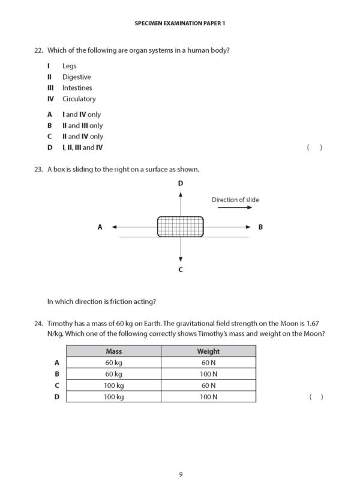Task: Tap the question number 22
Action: pyautogui.click(x=39, y=50)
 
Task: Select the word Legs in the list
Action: pyautogui.click(x=70, y=66)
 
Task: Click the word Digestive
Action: pyautogui.click(x=77, y=77)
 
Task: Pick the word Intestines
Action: pyautogui.click(x=77, y=88)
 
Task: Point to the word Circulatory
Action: pyautogui.click(x=79, y=99)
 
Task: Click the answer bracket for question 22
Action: pyautogui.click(x=315, y=147)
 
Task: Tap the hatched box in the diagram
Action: pyautogui.click(x=180, y=227)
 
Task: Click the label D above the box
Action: pyautogui.click(x=180, y=183)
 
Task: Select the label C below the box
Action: pyautogui.click(x=180, y=270)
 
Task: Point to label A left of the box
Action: pyautogui.click(x=100, y=227)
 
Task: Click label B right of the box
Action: pyautogui.click(x=260, y=227)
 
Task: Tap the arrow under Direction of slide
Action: pyautogui.click(x=235, y=208)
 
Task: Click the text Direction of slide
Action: pyautogui.click(x=235, y=200)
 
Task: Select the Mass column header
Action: pyautogui.click(x=113, y=351)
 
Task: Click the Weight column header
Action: pyautogui.click(x=208, y=351)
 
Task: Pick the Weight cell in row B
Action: pyautogui.click(x=208, y=374)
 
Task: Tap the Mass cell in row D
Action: pyautogui.click(x=113, y=397)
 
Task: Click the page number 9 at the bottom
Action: pyautogui.click(x=180, y=474)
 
